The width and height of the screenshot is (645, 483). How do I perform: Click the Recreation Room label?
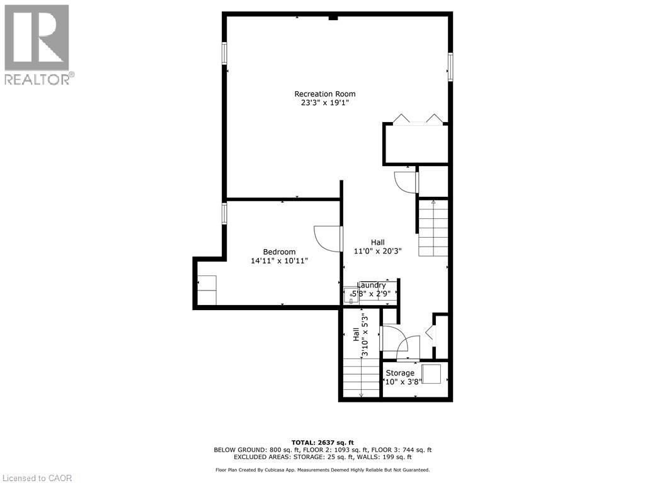[x=324, y=94]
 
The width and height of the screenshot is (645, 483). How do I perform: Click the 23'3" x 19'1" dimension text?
[x=324, y=103]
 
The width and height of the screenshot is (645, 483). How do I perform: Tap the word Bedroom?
[x=279, y=252]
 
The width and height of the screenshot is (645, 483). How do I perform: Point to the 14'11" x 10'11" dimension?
[x=279, y=260]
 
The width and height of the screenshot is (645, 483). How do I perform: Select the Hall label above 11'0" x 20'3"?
[x=377, y=242]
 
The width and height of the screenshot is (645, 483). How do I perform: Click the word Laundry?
[x=372, y=286]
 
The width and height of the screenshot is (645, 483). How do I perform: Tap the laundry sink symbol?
[x=350, y=294]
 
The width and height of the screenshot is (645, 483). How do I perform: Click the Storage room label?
[x=400, y=373]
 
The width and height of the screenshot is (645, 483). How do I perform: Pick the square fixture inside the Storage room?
[x=431, y=374]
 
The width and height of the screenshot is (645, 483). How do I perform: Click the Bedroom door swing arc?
[x=326, y=239]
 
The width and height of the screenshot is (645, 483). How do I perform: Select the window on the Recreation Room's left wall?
[x=224, y=52]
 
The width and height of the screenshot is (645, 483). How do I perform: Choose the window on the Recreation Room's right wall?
[x=450, y=66]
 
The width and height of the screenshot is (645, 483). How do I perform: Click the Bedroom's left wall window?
[x=224, y=213]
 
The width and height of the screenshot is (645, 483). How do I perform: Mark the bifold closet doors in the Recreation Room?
[x=416, y=119]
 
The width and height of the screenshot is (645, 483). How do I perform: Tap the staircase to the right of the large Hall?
[x=433, y=228]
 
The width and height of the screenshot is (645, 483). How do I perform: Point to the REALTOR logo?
[x=37, y=44]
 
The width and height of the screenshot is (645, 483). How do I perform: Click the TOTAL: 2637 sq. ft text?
[x=322, y=441]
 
